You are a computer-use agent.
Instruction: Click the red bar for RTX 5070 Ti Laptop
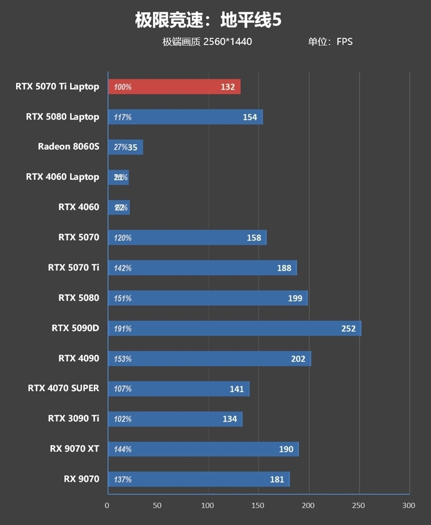[174, 87]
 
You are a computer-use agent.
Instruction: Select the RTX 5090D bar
[234, 328]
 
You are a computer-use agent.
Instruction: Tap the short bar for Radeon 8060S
[126, 147]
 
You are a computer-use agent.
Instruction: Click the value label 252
[349, 328]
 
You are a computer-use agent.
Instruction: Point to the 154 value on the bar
[250, 117]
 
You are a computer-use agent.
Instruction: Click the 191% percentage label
[123, 328]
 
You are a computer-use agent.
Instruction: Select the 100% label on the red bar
[123, 87]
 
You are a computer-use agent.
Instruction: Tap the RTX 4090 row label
[79, 358]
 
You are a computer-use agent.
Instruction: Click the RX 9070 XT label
[74, 449]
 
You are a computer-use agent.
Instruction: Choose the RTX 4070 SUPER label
[64, 388]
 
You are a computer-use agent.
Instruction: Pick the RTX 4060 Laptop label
[62, 177]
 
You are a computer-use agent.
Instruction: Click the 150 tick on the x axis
[258, 506]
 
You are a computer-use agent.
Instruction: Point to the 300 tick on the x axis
[409, 506]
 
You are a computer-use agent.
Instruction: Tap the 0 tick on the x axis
[107, 506]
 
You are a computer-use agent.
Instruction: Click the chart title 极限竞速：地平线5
[208, 21]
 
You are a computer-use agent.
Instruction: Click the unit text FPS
[345, 41]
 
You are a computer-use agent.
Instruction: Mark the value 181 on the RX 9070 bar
[277, 479]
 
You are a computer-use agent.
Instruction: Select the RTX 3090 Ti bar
[175, 419]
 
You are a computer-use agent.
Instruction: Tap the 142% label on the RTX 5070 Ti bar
[123, 268]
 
